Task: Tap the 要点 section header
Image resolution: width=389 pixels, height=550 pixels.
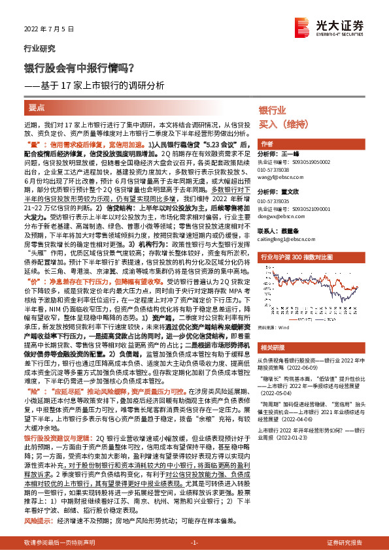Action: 37,106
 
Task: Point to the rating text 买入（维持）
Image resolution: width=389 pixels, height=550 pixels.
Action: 281,123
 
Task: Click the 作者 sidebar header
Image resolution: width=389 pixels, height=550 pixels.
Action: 266,144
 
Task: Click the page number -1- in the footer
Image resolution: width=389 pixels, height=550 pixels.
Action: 194,543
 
